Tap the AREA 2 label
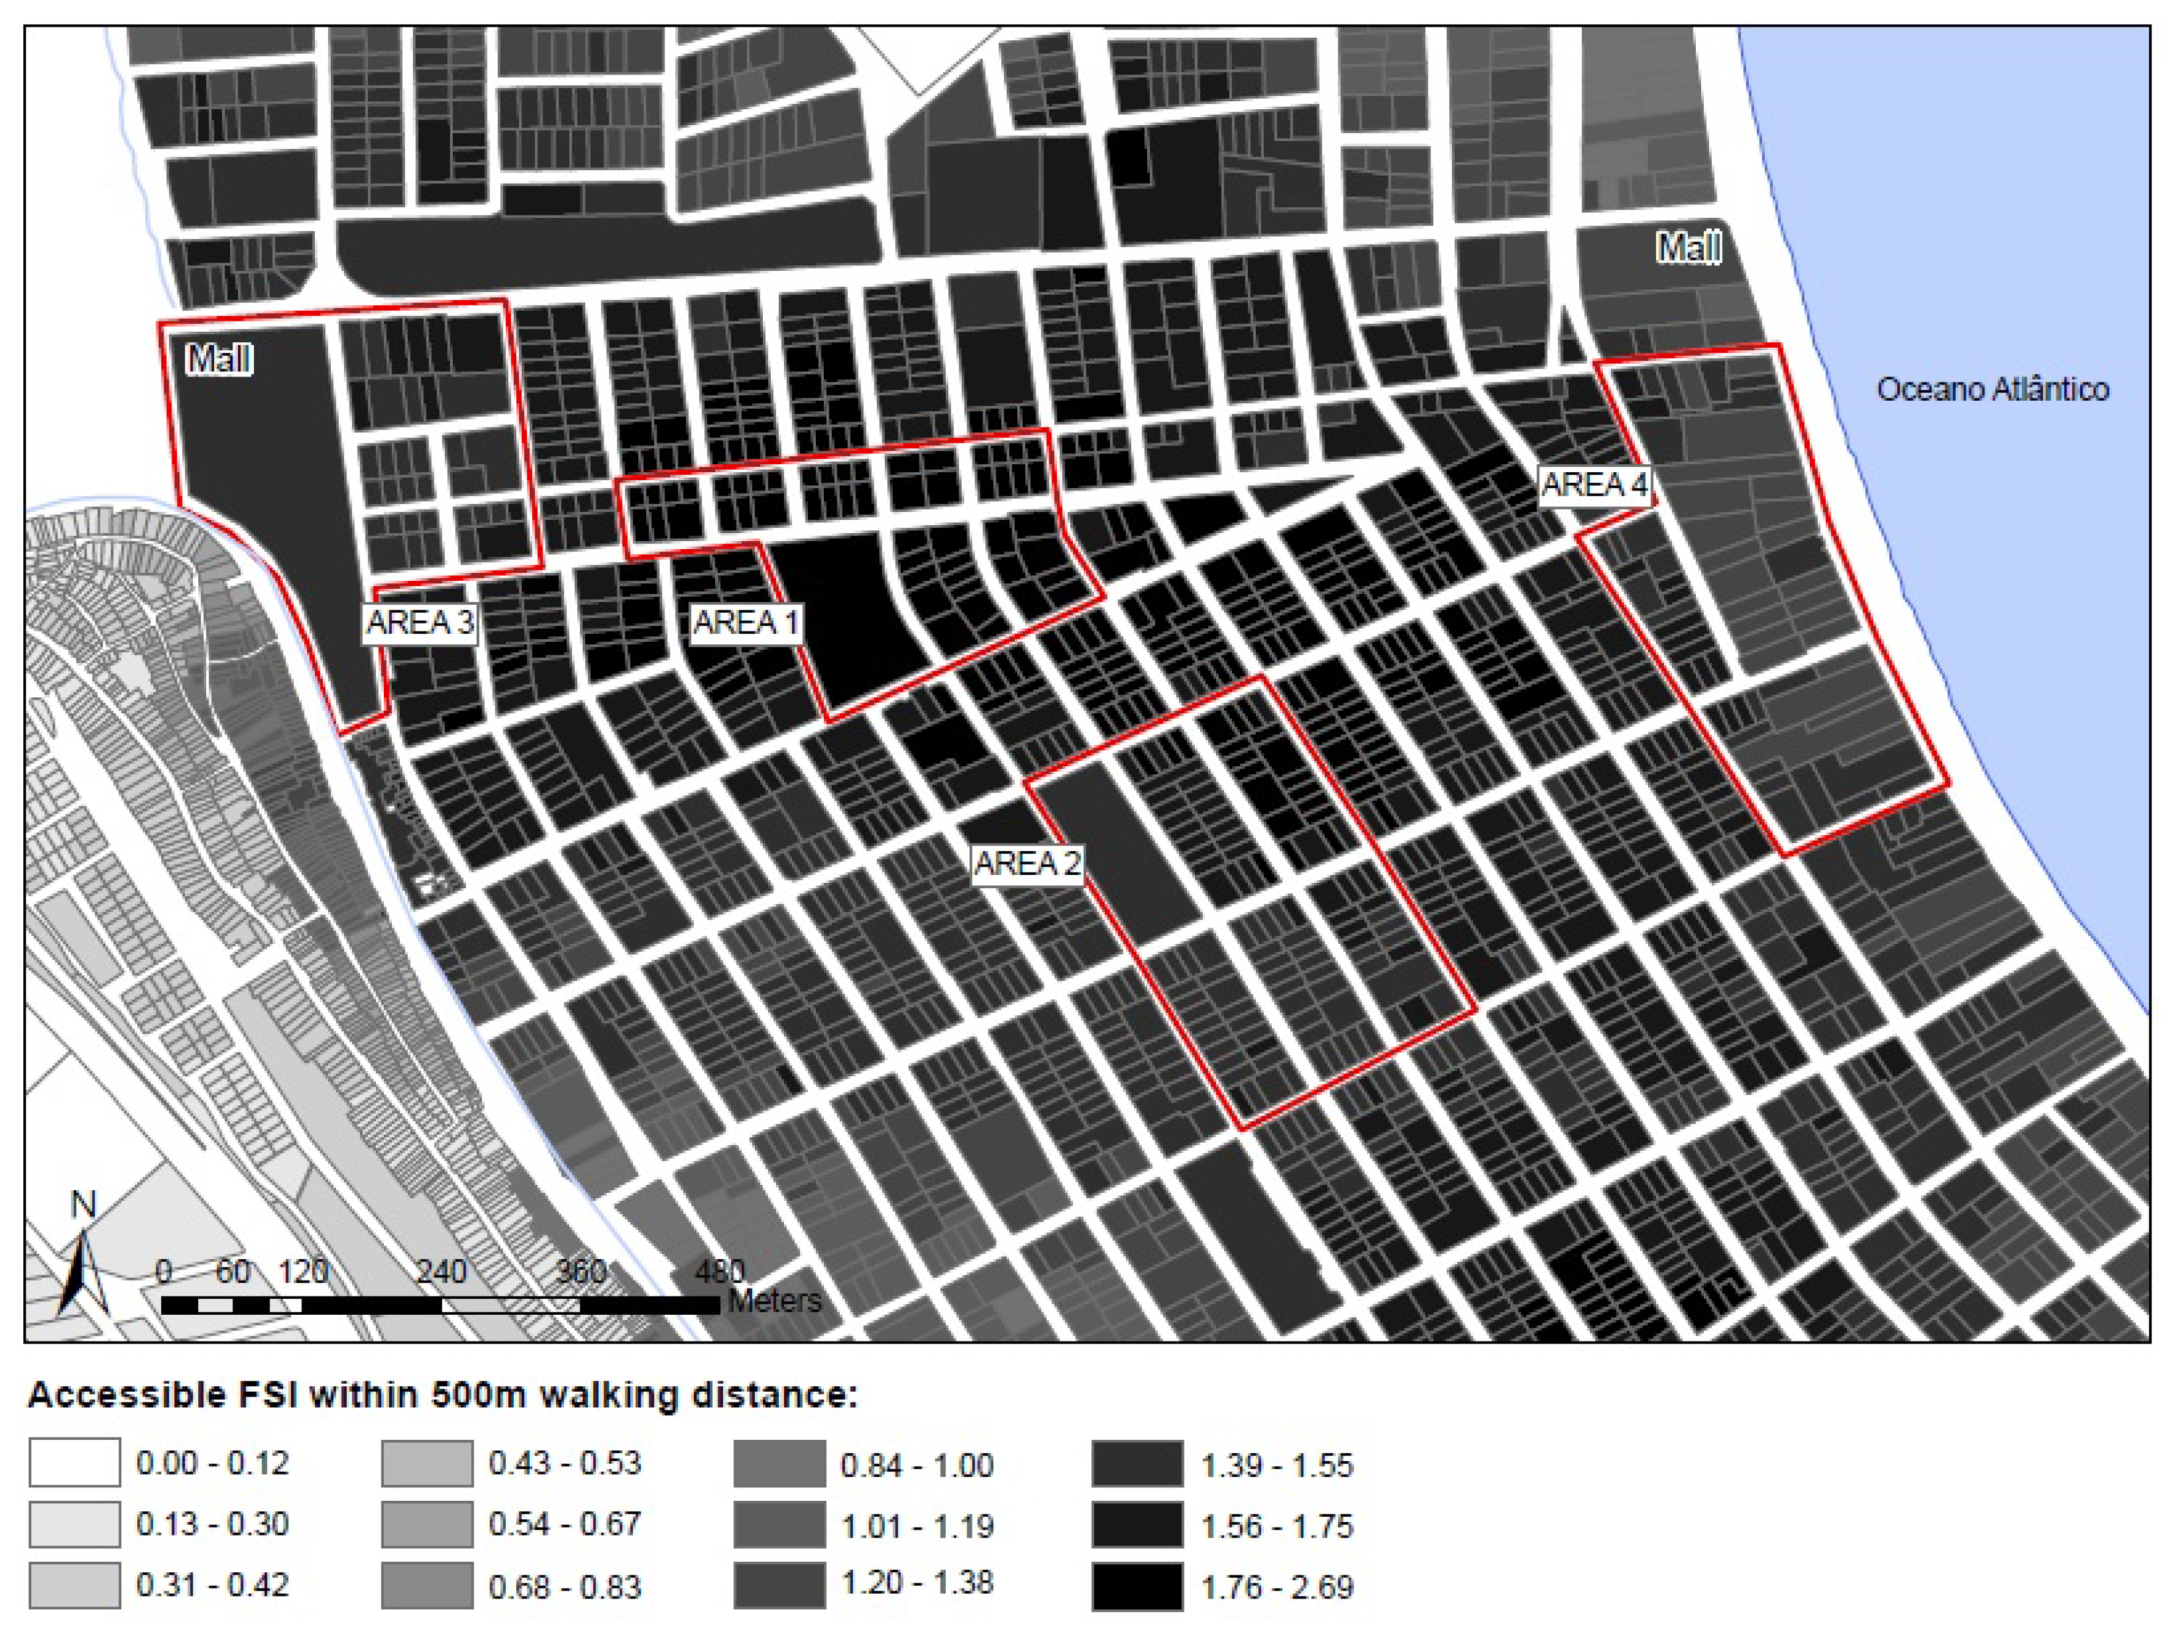point(1027,864)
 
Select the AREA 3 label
point(420,623)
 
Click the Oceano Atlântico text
point(1992,390)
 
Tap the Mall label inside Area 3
point(218,359)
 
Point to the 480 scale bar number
point(719,1272)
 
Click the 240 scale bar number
point(440,1272)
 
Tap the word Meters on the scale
point(774,1301)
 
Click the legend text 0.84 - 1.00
point(917,1466)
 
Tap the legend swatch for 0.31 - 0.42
point(75,1586)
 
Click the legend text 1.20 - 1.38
point(917,1583)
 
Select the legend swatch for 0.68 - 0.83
point(427,1586)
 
